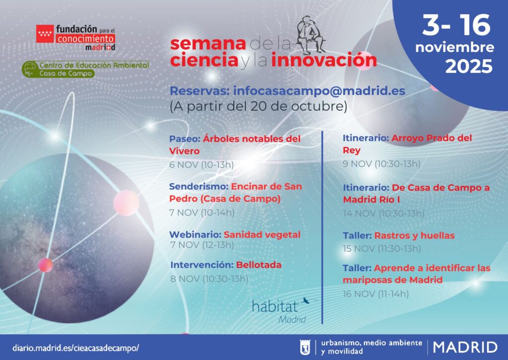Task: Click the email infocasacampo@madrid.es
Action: [x=319, y=91]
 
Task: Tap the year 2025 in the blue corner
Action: [x=469, y=66]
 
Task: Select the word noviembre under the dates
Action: [x=454, y=47]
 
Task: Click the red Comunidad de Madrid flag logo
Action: [x=45, y=34]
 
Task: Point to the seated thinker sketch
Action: [x=311, y=35]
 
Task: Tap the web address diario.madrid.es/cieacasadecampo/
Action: [x=75, y=348]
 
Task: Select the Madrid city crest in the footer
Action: [x=305, y=348]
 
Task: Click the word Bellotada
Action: [x=258, y=265]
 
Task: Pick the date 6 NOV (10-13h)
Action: [x=201, y=165]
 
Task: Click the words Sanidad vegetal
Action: [x=262, y=235]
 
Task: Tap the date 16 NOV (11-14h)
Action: [x=376, y=294]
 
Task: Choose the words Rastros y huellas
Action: [x=414, y=236]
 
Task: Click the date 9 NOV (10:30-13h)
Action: [x=381, y=164]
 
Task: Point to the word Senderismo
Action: [x=198, y=186]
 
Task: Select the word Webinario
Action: [x=195, y=235]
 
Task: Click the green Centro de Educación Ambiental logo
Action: [x=85, y=69]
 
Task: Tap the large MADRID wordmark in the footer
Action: [x=465, y=348]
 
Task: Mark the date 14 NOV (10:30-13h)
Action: [x=383, y=213]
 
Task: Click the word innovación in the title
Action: [x=323, y=60]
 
